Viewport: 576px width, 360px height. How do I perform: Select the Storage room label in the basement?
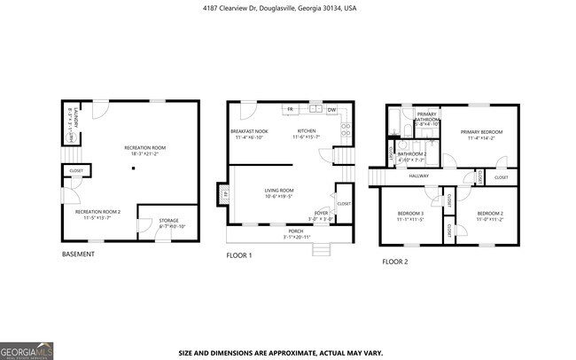pyautogui.click(x=167, y=221)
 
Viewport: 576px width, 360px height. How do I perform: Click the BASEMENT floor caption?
pyautogui.click(x=78, y=254)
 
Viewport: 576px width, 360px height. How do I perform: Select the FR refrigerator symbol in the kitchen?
pyautogui.click(x=290, y=110)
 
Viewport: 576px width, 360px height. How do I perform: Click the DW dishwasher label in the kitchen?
pyautogui.click(x=331, y=110)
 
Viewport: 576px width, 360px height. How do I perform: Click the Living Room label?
pyautogui.click(x=279, y=191)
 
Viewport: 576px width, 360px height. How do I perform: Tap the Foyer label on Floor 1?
pyautogui.click(x=321, y=213)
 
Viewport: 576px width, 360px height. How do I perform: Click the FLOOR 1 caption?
pyautogui.click(x=239, y=255)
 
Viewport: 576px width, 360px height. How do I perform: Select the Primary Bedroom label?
pyautogui.click(x=480, y=132)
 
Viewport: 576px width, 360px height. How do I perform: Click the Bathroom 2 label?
pyautogui.click(x=412, y=153)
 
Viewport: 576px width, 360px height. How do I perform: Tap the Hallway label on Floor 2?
pyautogui.click(x=418, y=176)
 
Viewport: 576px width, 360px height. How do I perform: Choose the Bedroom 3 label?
pyautogui.click(x=409, y=214)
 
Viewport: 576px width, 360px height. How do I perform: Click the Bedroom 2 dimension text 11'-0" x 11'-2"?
pyautogui.click(x=490, y=219)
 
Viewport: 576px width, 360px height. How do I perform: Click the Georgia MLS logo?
pyautogui.click(x=27, y=348)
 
